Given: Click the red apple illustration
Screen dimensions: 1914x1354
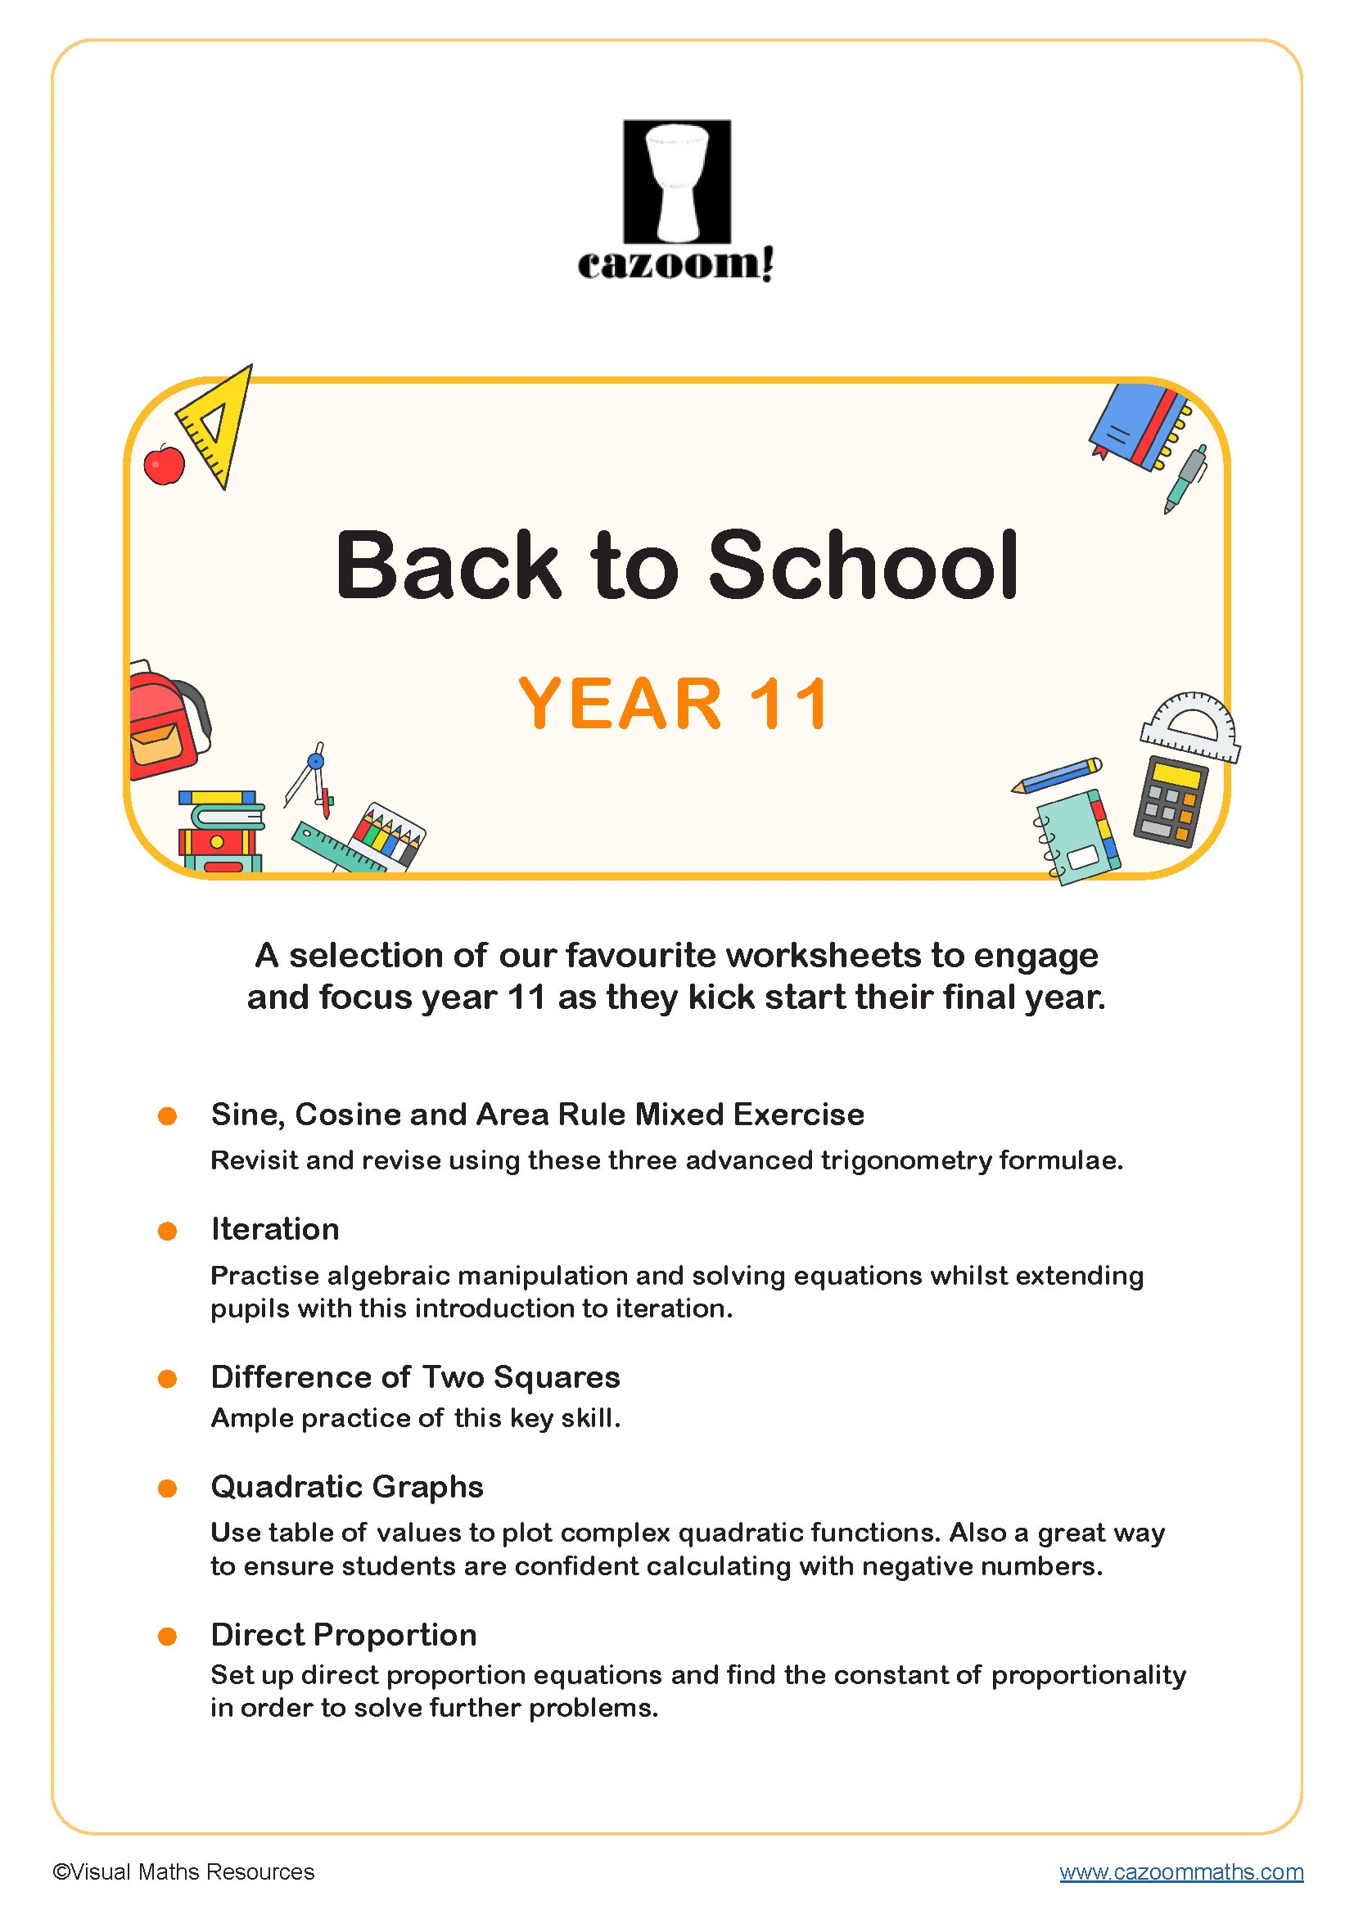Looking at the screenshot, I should click(x=165, y=464).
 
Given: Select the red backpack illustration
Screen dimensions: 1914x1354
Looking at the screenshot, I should click(x=165, y=720).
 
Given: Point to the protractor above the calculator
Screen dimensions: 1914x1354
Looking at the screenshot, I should click(x=1189, y=727).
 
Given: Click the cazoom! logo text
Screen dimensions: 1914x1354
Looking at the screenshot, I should click(x=676, y=264).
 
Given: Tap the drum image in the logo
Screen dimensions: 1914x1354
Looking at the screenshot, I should click(x=677, y=182).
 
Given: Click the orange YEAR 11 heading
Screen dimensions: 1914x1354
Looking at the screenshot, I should click(x=674, y=705).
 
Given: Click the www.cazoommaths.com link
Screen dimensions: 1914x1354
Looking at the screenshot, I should click(x=1180, y=1871).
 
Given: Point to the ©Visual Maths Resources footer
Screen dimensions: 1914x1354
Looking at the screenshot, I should click(x=183, y=1871).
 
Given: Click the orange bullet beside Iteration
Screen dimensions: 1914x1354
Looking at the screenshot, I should click(x=168, y=1232).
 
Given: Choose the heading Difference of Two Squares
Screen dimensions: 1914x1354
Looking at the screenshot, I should click(x=415, y=1377).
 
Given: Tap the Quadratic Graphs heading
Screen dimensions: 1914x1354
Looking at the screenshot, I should click(x=347, y=1486).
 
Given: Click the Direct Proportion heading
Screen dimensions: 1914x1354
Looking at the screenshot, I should click(x=344, y=1635).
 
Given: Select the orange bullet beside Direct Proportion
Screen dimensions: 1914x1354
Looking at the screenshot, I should click(x=168, y=1637).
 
